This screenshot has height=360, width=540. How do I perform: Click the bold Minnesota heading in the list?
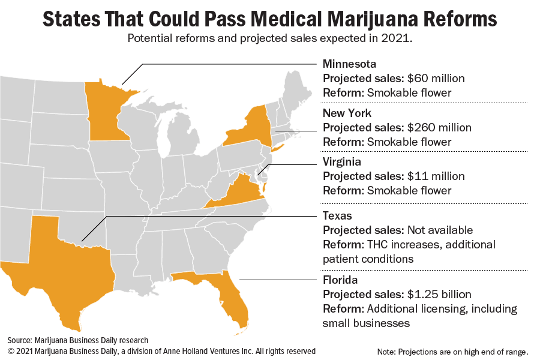pos(349,64)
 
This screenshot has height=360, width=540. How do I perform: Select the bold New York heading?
pos(347,113)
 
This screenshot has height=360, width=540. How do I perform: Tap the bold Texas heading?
pos(337,215)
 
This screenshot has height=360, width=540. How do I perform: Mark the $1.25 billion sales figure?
pos(439,295)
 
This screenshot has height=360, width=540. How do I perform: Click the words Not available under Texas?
pos(440,230)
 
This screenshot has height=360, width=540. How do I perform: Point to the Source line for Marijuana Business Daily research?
pos(77,340)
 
